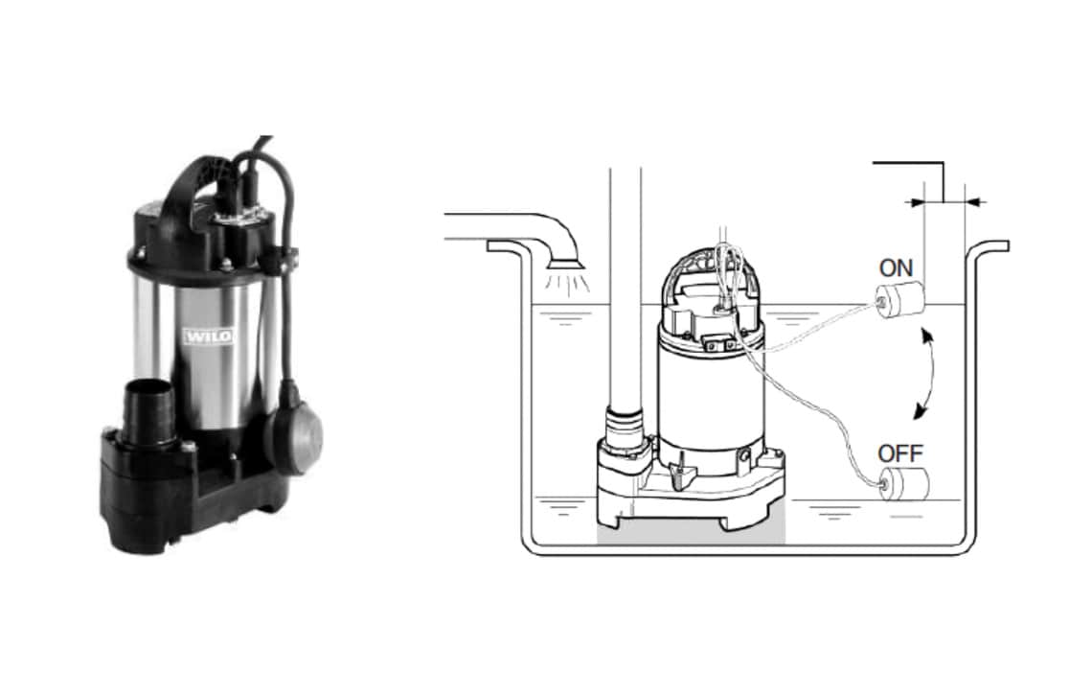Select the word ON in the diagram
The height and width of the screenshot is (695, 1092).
click(896, 267)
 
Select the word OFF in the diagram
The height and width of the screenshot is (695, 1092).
click(900, 453)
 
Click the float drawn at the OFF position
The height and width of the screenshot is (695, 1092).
click(904, 483)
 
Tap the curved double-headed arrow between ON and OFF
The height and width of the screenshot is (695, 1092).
click(935, 375)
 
